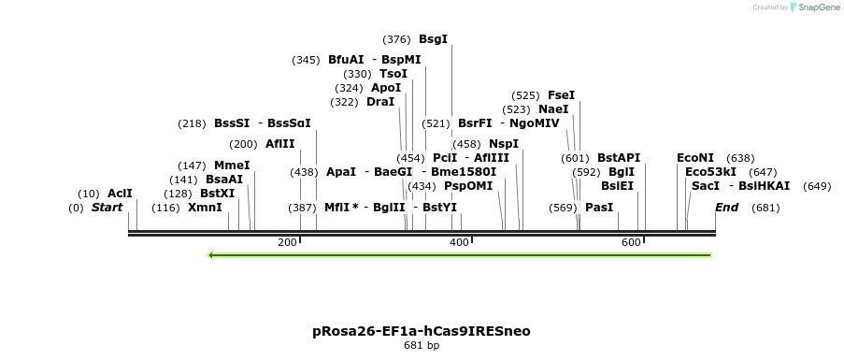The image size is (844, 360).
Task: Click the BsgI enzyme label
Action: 433,39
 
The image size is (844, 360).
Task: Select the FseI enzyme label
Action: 561,95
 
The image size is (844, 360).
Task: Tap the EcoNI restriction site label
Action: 694,158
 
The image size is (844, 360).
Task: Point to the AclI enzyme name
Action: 120,194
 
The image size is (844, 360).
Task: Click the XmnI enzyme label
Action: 205,208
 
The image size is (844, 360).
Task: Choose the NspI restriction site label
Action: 503,144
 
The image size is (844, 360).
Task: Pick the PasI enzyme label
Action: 598,208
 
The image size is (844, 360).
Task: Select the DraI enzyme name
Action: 380,102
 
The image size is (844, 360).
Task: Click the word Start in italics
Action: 107,208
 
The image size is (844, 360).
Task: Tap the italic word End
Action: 726,208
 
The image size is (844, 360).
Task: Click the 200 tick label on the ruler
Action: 287,243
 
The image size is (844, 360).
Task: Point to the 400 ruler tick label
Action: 459,243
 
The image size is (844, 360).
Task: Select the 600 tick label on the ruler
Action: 631,243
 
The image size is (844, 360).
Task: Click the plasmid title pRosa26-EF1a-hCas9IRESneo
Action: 421,331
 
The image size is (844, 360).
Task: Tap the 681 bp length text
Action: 421,346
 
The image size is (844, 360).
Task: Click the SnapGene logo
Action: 814,7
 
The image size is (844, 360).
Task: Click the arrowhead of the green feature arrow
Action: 212,254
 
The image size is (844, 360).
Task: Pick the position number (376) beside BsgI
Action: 396,39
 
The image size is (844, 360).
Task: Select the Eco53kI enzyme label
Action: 710,172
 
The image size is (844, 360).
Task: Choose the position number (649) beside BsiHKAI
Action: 816,186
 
